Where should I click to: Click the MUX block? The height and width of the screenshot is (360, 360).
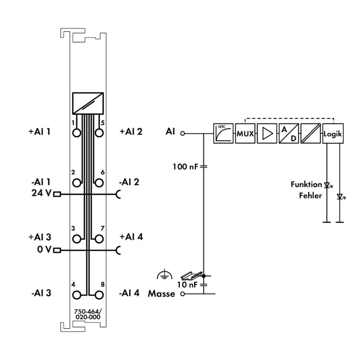(x=244, y=134)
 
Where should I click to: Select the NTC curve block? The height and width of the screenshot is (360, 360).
(x=223, y=134)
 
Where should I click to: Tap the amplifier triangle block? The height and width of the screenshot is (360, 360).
(x=266, y=134)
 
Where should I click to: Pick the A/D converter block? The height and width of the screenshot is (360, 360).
(x=288, y=134)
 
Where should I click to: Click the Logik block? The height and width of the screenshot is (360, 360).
(x=333, y=134)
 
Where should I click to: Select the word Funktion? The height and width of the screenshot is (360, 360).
(x=306, y=184)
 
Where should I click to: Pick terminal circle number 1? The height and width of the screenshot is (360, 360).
(x=77, y=132)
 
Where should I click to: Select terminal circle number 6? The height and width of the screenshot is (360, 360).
(x=99, y=182)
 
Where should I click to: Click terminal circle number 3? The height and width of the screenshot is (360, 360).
(x=77, y=239)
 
